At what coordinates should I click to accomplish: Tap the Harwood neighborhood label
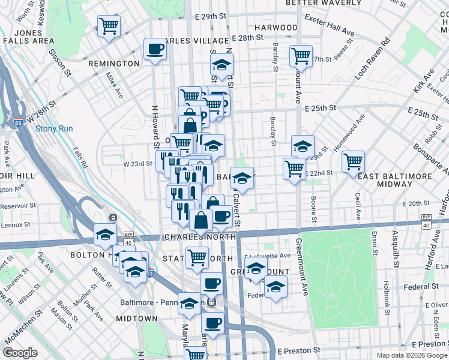point(276,28)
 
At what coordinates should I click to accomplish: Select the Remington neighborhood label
point(113,64)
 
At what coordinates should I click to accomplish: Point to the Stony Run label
point(54,128)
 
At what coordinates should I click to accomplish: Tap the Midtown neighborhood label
point(137,319)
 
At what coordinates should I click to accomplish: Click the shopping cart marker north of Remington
point(109,26)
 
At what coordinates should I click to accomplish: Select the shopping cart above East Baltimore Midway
point(354,161)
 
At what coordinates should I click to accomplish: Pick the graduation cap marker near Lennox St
point(105,234)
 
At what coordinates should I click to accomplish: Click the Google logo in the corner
point(20,353)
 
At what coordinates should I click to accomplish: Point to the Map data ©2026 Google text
point(411,355)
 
